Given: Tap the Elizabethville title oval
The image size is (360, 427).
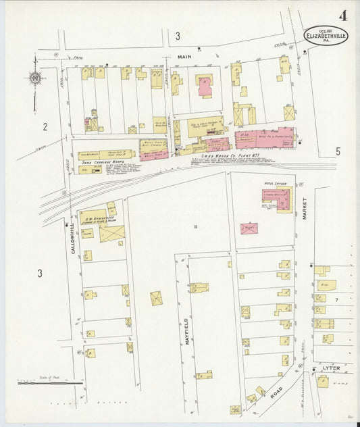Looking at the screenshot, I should click(x=326, y=35).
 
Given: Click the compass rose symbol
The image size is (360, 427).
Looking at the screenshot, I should click(x=34, y=78).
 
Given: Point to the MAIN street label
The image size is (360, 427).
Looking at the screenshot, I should click(x=185, y=57).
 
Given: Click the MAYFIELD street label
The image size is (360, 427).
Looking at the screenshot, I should click(x=186, y=330).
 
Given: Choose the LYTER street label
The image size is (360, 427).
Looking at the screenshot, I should click(x=331, y=368).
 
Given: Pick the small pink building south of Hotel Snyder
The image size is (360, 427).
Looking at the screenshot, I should click(x=249, y=228).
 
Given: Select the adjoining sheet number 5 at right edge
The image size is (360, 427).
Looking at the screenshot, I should click(x=338, y=151).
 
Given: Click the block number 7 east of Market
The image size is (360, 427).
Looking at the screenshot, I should click(x=334, y=299).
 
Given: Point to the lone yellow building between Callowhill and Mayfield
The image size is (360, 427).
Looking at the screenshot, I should click(x=157, y=298).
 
